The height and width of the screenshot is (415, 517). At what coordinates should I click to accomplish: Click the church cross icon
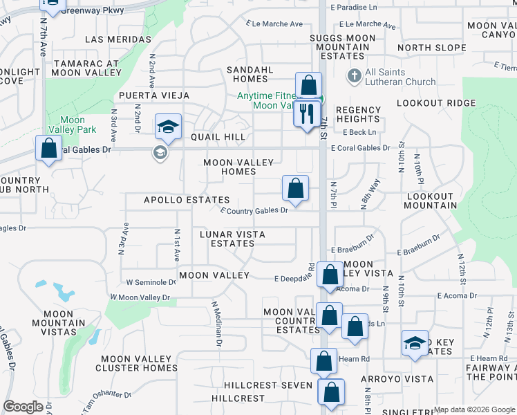tap(354, 75)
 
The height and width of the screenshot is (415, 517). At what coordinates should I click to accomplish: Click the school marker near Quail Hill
tap(168, 127)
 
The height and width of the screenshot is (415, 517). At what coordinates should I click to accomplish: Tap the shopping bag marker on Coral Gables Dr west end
tap(48, 148)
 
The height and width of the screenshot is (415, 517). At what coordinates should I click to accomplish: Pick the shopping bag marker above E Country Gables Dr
tap(295, 188)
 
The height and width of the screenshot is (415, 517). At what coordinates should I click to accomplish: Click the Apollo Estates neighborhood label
tap(186, 200)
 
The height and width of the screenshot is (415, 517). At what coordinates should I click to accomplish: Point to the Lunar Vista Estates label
tap(232, 239)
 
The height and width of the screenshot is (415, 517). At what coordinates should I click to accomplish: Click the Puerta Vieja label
tap(147, 95)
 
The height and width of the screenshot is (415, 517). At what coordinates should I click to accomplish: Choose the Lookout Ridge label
tap(426, 102)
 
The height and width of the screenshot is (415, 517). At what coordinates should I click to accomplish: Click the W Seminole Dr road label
tap(151, 282)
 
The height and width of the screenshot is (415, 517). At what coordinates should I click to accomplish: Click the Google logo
tap(23, 407)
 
